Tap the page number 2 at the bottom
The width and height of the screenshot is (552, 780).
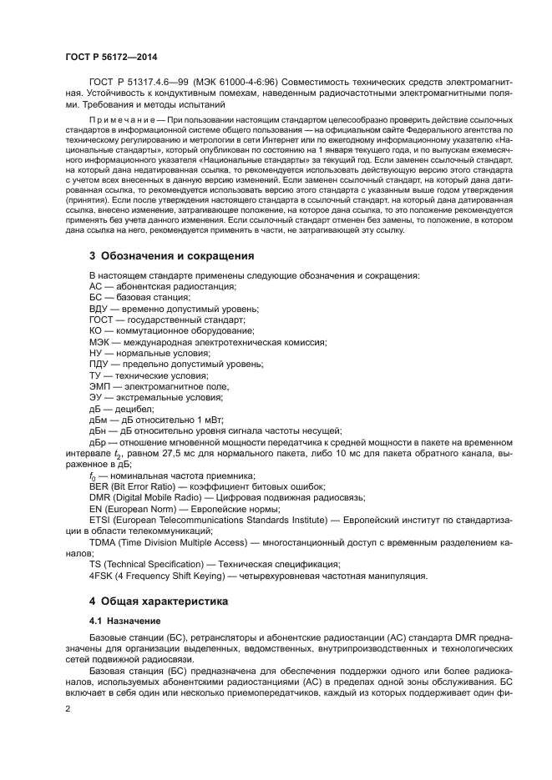coord(68,708)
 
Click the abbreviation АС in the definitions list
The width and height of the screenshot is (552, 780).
coord(96,286)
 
